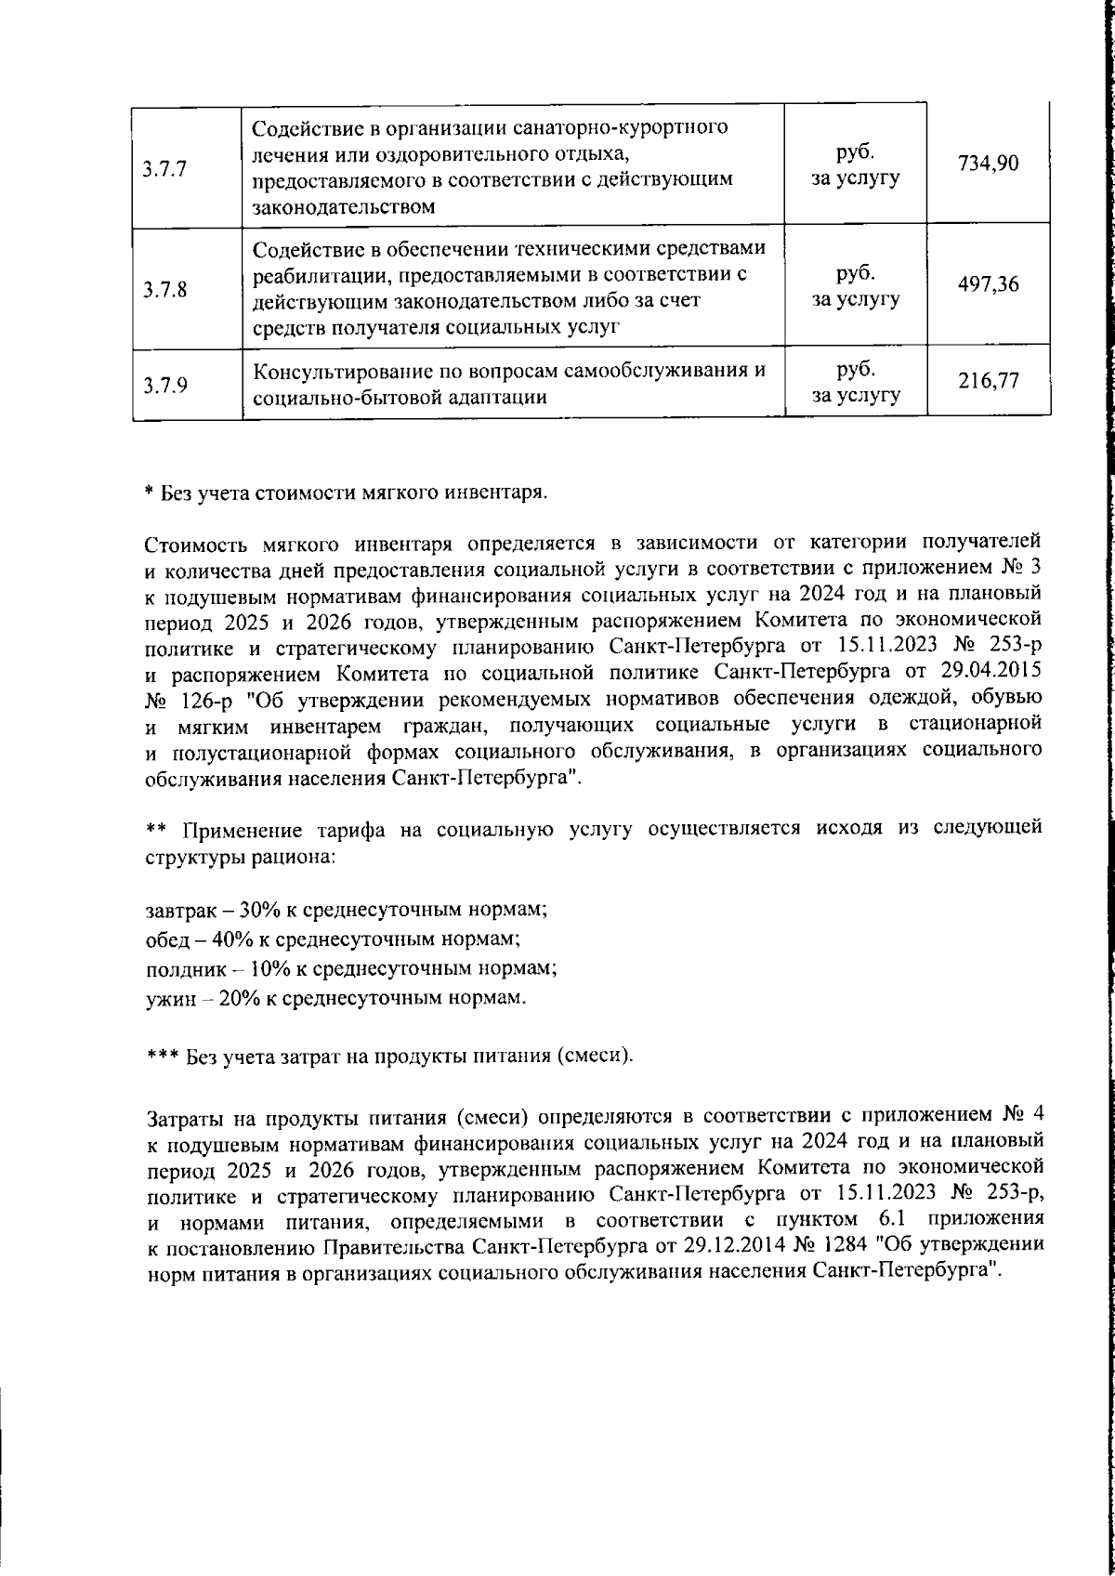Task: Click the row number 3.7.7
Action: click(x=165, y=169)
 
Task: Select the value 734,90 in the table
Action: click(x=989, y=164)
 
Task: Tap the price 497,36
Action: click(x=989, y=285)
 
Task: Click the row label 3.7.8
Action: click(x=165, y=289)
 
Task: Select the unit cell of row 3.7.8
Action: click(x=856, y=287)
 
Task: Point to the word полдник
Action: click(x=183, y=968)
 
